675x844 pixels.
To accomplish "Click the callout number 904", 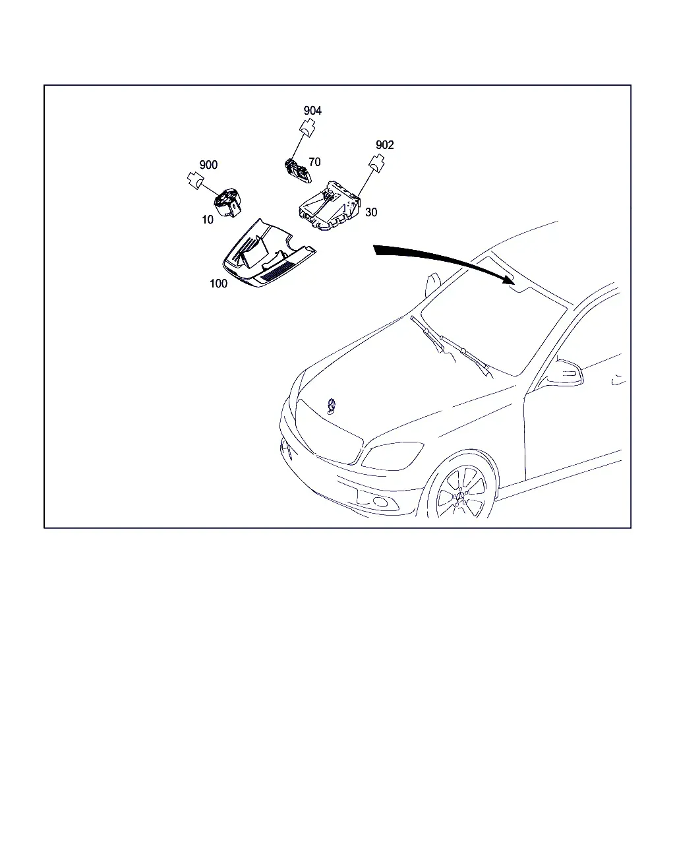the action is [x=312, y=111].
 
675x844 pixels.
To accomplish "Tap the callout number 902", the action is [x=384, y=144].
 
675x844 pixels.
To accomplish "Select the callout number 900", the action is [x=208, y=165].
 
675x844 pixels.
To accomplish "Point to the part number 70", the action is [x=314, y=162].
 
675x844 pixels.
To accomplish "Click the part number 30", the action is [x=371, y=212].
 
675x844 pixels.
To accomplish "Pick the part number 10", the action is [x=208, y=220].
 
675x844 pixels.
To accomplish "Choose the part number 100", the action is [x=218, y=283].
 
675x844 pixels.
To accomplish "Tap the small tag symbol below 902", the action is [x=376, y=164].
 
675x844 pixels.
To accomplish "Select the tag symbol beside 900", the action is [x=195, y=181].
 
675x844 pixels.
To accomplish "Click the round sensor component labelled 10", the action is [x=227, y=203].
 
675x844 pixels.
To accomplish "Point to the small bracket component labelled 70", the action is [x=298, y=171].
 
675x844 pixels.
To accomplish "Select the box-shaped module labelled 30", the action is [x=330, y=206].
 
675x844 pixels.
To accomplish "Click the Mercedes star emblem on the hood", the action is [x=332, y=406].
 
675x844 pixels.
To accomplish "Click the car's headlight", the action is [x=392, y=456].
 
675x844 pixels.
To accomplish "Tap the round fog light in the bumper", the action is [x=380, y=502].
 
